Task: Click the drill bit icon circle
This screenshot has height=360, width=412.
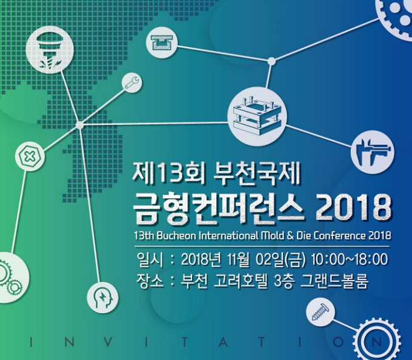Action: point(50,50)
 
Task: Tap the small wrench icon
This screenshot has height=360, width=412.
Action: point(131,82)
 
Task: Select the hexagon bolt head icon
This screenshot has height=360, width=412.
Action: point(30,156)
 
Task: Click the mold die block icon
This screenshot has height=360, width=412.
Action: point(257,116)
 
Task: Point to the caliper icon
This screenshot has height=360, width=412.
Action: point(373,152)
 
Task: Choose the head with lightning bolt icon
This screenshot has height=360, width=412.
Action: point(103,298)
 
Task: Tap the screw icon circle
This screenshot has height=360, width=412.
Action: point(321,313)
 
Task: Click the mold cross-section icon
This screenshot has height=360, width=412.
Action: point(162,42)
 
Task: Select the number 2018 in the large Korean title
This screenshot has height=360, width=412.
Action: point(353,208)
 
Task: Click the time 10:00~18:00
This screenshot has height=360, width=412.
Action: point(350,259)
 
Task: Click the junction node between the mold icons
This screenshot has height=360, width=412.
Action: point(271,61)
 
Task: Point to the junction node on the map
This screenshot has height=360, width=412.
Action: point(79,125)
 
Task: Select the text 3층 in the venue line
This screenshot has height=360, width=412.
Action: point(284,281)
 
